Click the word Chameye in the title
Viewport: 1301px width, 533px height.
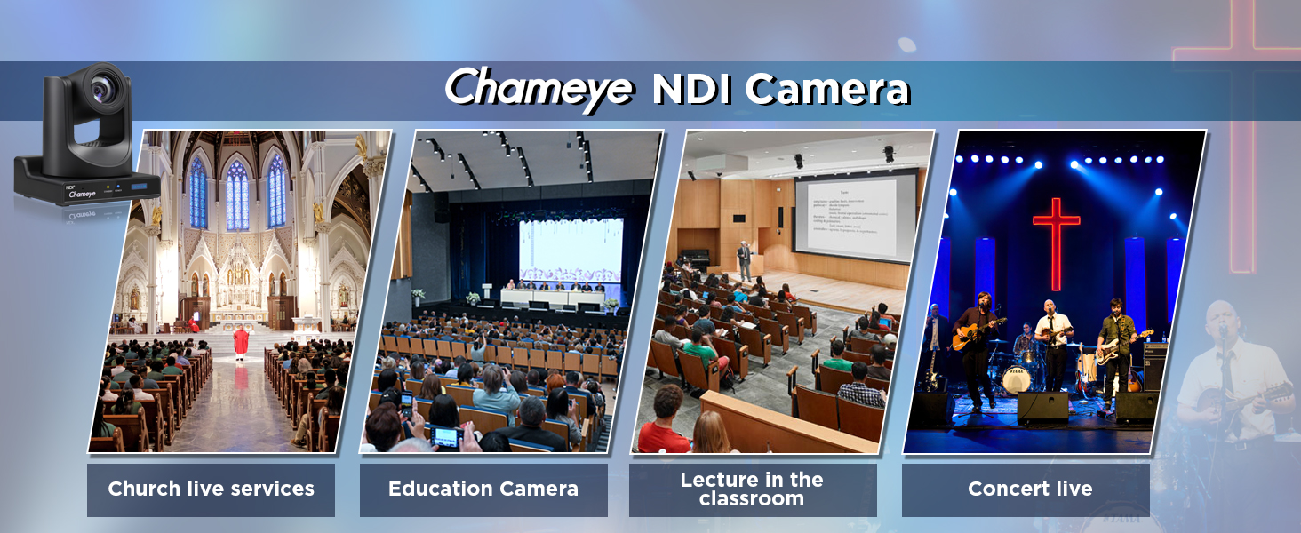[539, 89]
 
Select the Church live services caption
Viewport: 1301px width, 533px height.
[211, 489]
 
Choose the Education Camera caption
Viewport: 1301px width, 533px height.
[483, 489]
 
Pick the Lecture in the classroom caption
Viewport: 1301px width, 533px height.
[752, 489]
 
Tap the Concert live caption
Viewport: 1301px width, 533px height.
[1029, 489]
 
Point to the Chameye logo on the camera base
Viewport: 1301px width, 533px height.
[82, 193]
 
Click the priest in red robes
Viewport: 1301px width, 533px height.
[240, 342]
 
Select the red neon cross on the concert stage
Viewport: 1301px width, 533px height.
[1056, 240]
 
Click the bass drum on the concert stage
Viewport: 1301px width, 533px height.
[1016, 379]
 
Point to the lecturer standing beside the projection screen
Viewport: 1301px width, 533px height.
[745, 261]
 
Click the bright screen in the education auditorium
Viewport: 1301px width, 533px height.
[571, 251]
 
